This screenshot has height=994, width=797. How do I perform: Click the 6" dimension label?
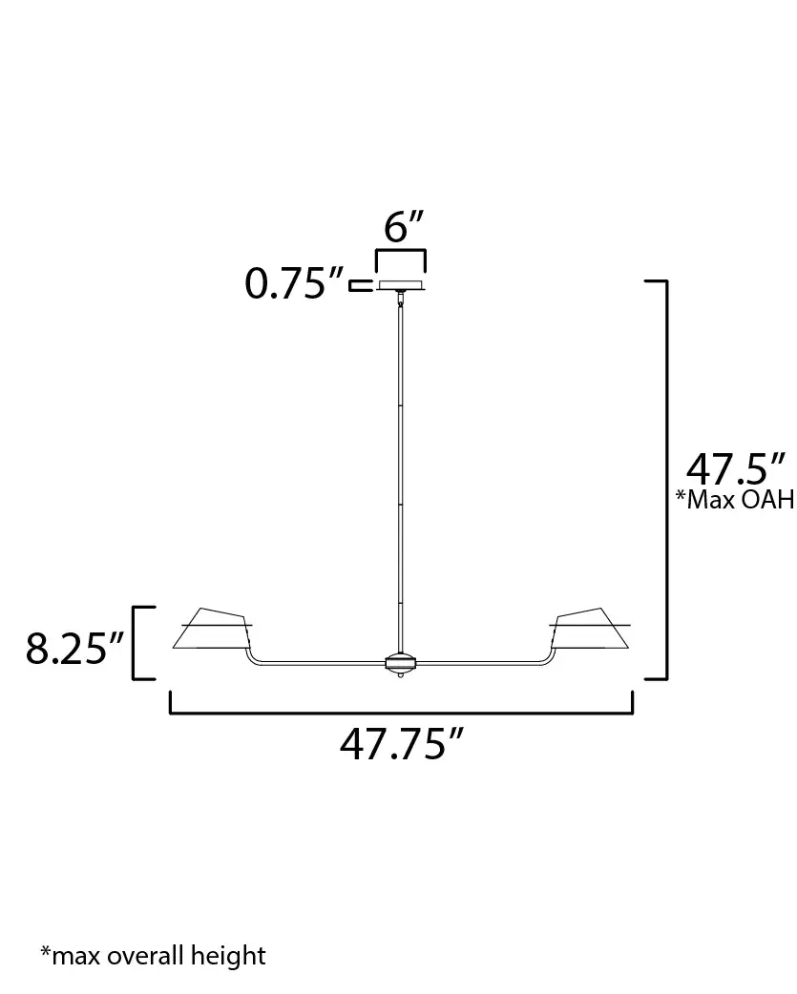click(403, 226)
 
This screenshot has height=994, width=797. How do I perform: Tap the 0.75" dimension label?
click(294, 283)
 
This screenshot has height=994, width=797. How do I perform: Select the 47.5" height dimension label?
click(736, 469)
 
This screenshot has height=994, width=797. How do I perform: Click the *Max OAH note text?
click(736, 500)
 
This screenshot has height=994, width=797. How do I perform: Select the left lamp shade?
click(213, 629)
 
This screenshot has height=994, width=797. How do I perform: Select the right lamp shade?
click(590, 629)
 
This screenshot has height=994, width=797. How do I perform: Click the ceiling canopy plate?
click(401, 285)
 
